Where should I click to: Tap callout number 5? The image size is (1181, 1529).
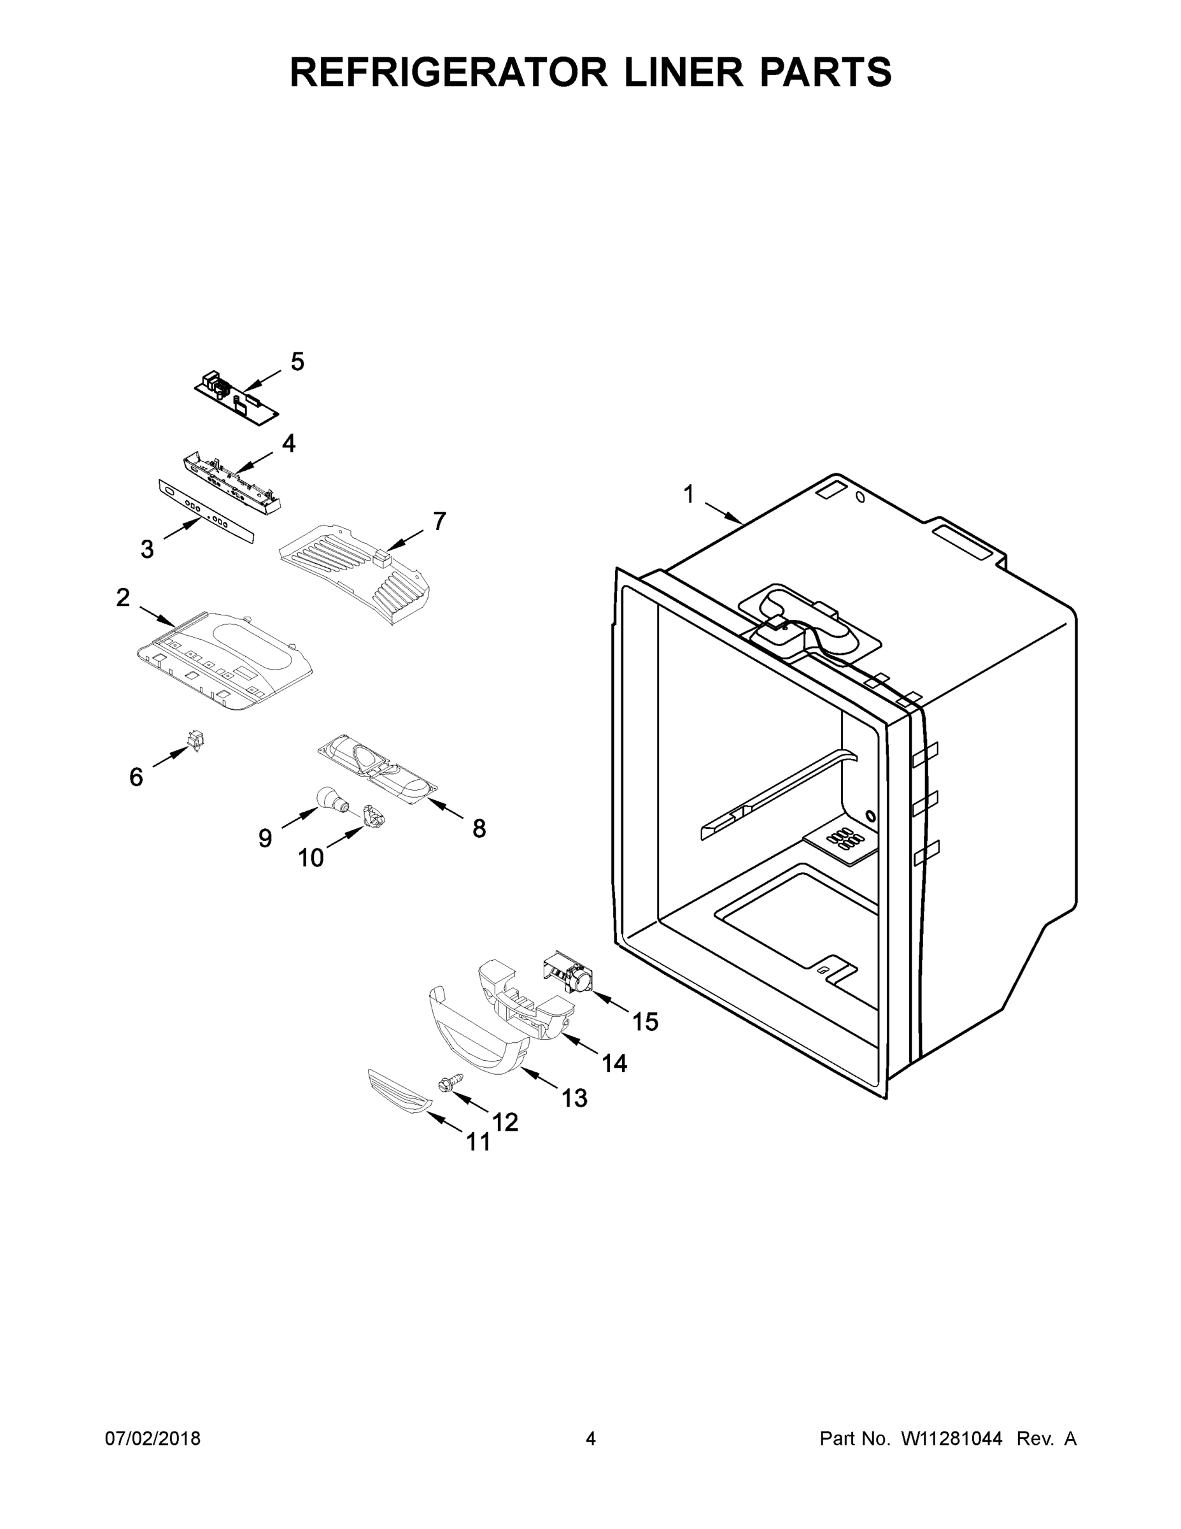click(x=297, y=362)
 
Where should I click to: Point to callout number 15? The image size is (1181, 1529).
click(x=645, y=1022)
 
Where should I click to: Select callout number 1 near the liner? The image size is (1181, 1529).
click(x=688, y=494)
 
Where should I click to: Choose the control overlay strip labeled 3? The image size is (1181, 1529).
click(x=206, y=512)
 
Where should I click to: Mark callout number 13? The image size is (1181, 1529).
click(x=574, y=1098)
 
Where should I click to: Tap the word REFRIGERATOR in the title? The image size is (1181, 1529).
click(x=448, y=72)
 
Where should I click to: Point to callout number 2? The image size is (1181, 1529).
click(x=123, y=597)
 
